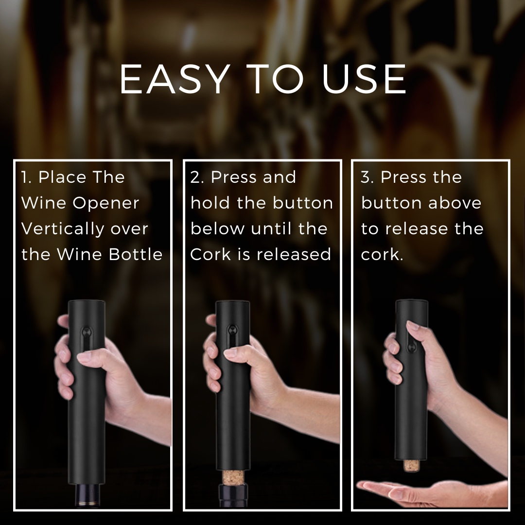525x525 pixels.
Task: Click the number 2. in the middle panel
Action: click(x=198, y=177)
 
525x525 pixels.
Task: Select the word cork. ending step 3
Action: click(x=382, y=255)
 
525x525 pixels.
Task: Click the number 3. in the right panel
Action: click(x=368, y=177)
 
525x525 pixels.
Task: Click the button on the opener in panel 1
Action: click(x=86, y=332)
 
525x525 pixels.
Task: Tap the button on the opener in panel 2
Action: click(x=234, y=332)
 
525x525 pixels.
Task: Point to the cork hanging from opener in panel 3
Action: click(x=411, y=465)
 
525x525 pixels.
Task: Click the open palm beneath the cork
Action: click(x=413, y=489)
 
